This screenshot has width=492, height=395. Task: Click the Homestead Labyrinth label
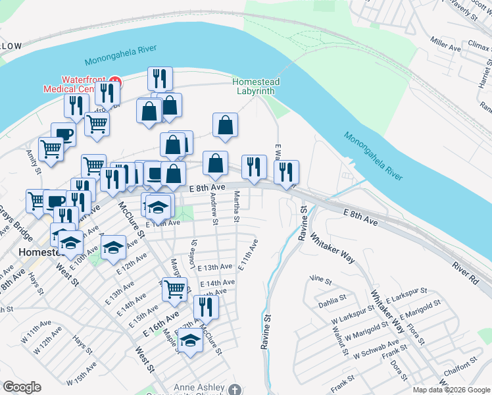(256, 86)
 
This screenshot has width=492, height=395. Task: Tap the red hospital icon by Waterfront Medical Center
(115, 82)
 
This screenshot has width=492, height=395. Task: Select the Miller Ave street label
(445, 48)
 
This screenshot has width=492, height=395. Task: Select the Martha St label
(237, 208)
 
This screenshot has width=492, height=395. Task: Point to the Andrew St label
(214, 205)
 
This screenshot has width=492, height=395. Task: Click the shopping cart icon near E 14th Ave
(174, 288)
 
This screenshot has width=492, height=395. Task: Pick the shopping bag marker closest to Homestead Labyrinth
(225, 124)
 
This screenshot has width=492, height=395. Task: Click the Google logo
(21, 387)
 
